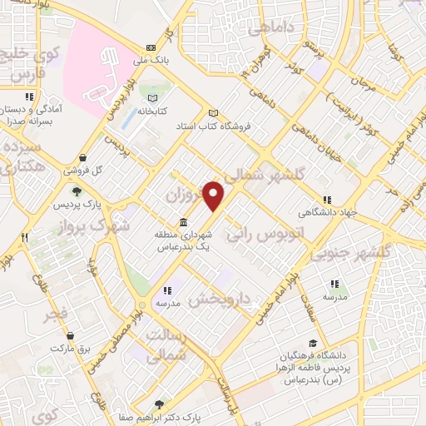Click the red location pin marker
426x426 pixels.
[215, 196]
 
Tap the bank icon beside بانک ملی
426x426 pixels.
[151, 48]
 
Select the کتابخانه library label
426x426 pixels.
[151, 110]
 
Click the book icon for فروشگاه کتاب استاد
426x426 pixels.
[214, 113]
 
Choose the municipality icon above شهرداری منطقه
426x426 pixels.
[182, 222]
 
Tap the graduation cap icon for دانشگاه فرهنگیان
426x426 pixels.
[313, 343]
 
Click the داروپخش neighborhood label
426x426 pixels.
[219, 300]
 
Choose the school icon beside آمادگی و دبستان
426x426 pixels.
[29, 97]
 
